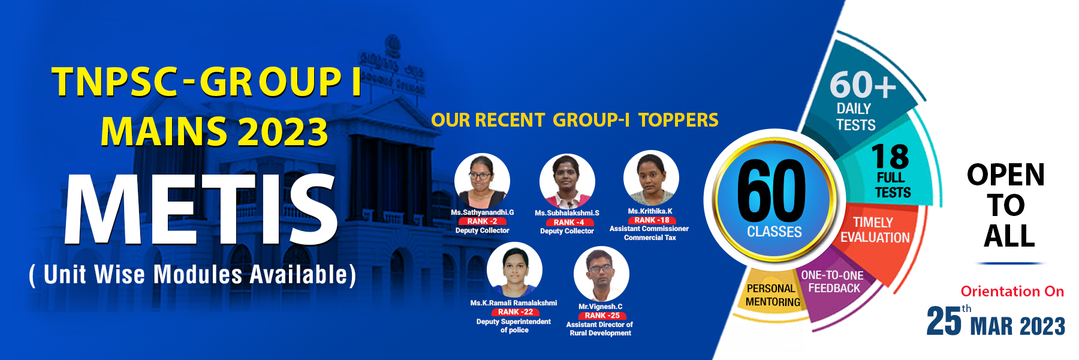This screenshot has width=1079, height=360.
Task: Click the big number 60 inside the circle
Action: coord(771,191)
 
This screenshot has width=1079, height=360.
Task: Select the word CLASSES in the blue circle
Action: coord(774,232)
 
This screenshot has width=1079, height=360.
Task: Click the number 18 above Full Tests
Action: coord(890,157)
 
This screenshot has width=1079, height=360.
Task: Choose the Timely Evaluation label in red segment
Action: coord(875,230)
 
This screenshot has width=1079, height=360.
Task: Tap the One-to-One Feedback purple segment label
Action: coord(833,281)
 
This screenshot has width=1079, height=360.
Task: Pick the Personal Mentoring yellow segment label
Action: coord(773,295)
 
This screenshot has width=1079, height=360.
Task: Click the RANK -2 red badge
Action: coord(482,221)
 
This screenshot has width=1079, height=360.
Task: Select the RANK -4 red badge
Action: coord(567,222)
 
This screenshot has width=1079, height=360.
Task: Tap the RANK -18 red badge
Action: coord(650,220)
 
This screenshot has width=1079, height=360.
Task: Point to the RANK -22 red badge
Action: coord(515,312)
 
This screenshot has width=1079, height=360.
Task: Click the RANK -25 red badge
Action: coord(601,316)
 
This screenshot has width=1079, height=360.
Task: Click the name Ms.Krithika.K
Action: coord(650,211)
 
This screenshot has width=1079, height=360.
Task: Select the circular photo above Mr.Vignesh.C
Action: coord(601,274)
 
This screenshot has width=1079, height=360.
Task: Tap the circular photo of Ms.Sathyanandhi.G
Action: coord(482,181)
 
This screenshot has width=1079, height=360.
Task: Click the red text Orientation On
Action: coord(1012,292)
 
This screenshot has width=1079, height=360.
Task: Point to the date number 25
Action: coord(944,321)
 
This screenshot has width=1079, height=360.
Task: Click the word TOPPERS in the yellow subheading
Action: coord(678,120)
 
